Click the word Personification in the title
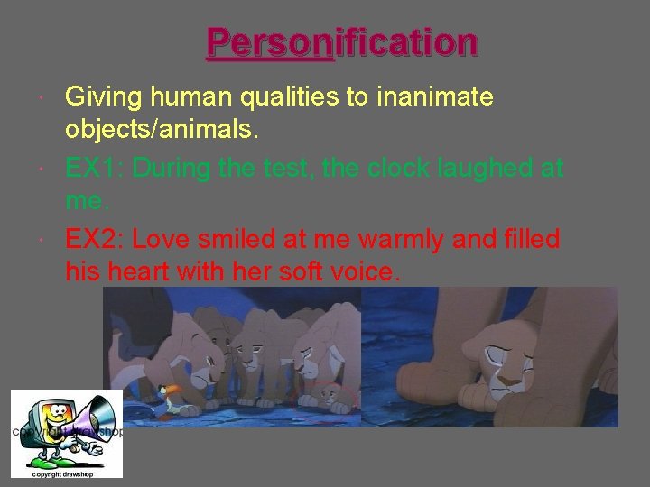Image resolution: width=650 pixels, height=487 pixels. [342, 42]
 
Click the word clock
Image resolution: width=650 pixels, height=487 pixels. [422, 168]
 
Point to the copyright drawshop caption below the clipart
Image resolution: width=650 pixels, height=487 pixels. [63, 473]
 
